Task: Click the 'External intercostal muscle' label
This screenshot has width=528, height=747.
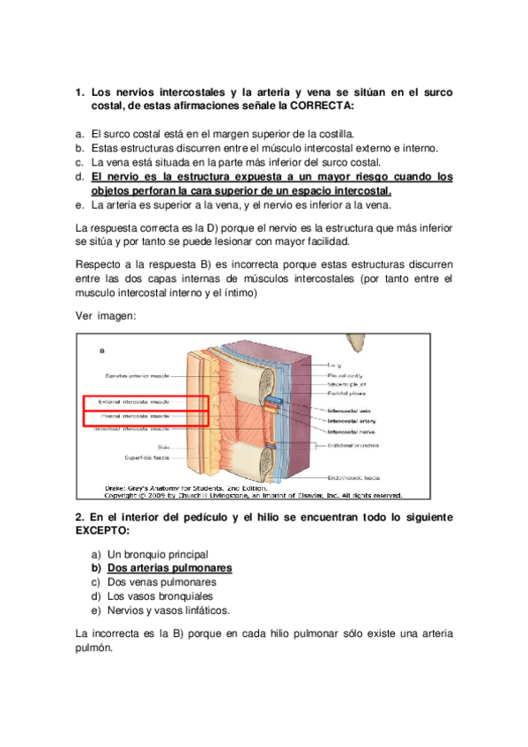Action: click(x=135, y=401)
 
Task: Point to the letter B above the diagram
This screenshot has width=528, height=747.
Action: click(x=101, y=350)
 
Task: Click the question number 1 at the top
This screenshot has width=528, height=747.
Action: click(x=79, y=92)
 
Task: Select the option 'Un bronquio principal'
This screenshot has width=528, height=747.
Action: click(x=158, y=554)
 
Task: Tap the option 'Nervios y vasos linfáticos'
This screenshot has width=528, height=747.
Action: click(x=168, y=610)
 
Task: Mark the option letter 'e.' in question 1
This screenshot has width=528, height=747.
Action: click(x=80, y=205)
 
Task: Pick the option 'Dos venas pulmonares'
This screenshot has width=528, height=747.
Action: click(x=161, y=582)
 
